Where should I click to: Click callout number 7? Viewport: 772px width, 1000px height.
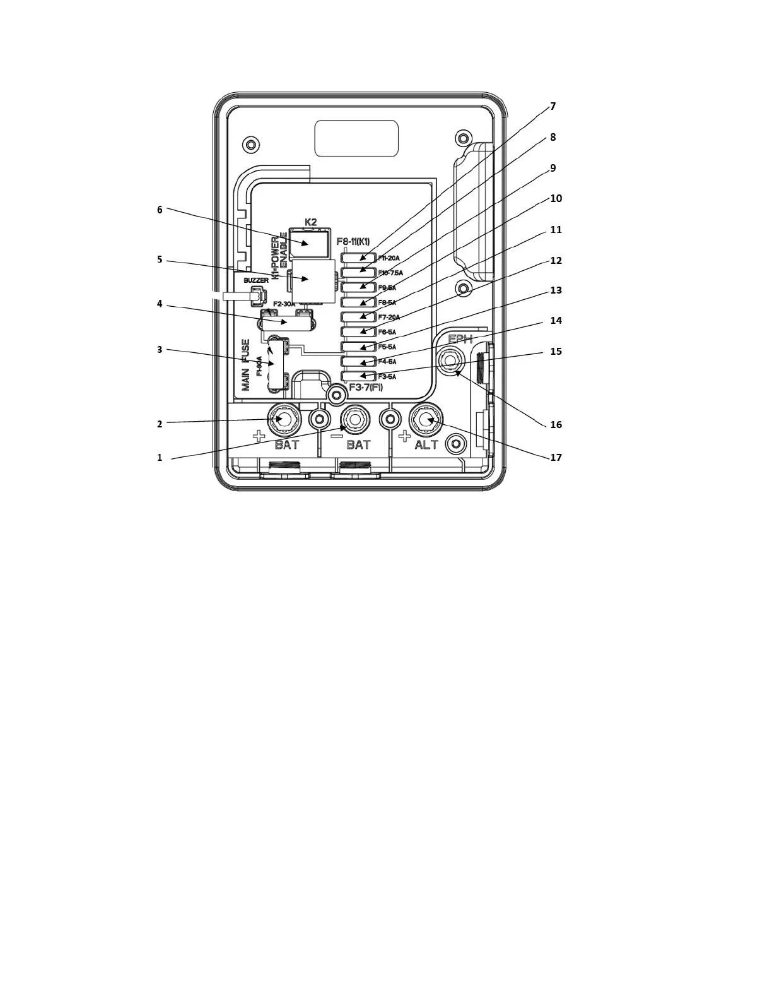pos(553,106)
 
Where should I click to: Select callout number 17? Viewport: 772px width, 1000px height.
pos(555,457)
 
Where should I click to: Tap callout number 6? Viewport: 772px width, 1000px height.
pos(160,210)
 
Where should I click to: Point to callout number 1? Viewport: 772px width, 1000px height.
pos(160,458)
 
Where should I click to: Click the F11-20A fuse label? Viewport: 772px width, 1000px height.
pos(389,258)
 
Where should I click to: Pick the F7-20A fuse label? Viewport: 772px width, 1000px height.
pos(389,318)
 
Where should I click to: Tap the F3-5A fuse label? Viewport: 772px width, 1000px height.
pos(387,377)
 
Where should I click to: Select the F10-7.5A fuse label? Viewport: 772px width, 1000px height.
pos(390,273)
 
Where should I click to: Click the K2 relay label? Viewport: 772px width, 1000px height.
pos(310,222)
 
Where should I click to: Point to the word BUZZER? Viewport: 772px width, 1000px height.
pos(256,280)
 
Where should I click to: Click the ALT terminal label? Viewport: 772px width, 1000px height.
pos(426,444)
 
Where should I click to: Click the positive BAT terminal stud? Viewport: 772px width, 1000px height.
pos(284,419)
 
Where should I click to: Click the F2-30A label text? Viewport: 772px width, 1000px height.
pos(284,304)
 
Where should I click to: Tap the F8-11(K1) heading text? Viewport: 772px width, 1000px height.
pos(353,242)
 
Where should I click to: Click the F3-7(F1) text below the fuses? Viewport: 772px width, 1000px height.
pos(366,387)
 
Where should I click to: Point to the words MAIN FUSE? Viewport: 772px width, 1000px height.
pos(246,365)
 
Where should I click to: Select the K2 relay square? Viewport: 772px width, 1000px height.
pos(309,243)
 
